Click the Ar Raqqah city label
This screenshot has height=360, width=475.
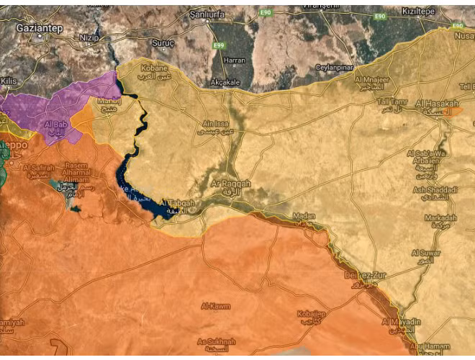232,184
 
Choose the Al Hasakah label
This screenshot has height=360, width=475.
438,104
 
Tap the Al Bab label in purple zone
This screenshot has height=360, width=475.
56,125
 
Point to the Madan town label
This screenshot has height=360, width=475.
304,215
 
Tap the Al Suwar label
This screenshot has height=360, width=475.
425,253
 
